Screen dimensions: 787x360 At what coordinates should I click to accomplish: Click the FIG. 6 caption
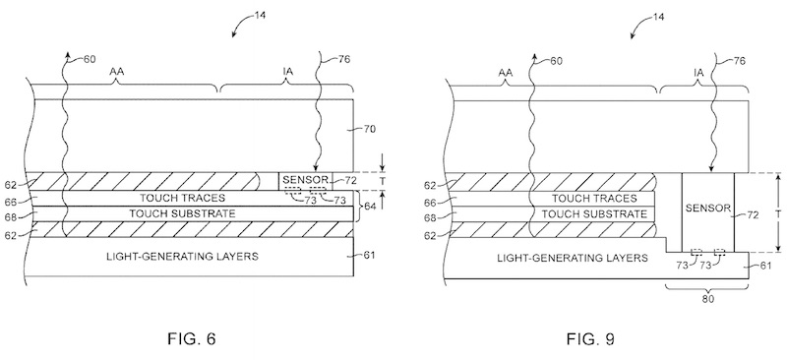coord(191,339)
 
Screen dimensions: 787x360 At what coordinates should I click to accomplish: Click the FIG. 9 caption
coord(590,339)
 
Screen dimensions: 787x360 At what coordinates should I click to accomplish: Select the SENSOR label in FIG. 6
coord(305,179)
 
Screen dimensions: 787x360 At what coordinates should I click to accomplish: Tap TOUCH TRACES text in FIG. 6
coord(183,198)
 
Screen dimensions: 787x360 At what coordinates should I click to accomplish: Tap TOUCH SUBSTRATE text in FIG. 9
coord(594,213)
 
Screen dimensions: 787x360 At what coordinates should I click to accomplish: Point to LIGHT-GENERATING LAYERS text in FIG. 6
coord(182,256)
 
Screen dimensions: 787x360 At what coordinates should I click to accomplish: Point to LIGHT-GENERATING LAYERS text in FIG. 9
coord(573,258)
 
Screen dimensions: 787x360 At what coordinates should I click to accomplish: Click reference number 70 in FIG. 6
coord(369,129)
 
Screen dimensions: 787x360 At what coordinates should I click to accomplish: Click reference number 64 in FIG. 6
coord(369,206)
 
